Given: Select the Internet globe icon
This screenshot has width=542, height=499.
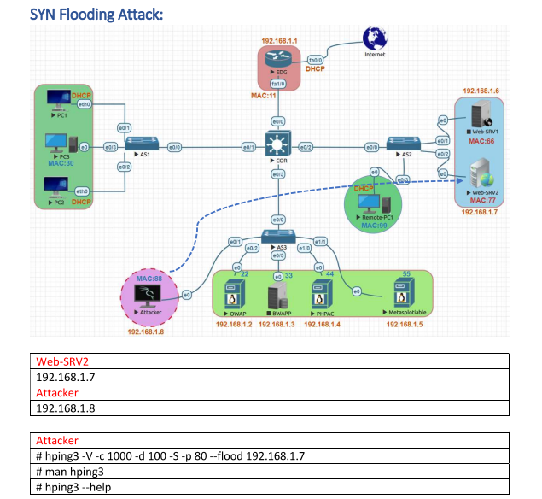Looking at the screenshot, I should tap(374, 38).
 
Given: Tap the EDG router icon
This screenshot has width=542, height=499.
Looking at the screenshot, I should tap(278, 61).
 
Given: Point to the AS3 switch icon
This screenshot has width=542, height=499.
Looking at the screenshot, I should tap(279, 237).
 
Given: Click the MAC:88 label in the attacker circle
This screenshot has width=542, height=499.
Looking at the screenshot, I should tap(149, 279).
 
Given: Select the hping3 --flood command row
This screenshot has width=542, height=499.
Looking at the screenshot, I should tap(171, 456).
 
